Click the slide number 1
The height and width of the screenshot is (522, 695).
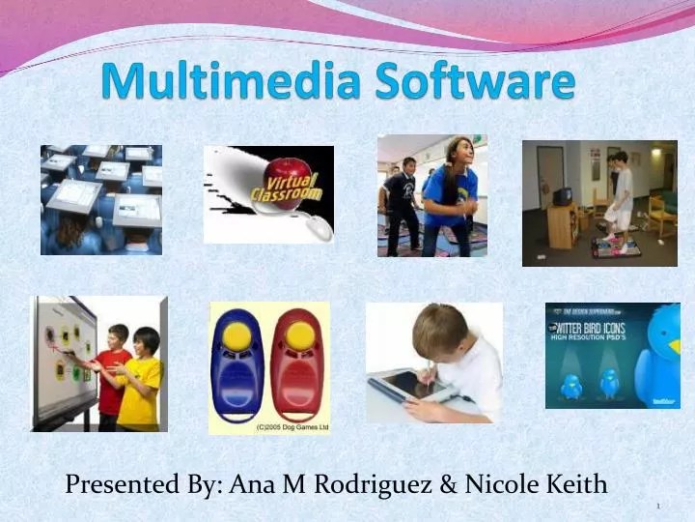[x=657, y=507]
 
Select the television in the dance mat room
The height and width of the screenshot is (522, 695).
[x=561, y=196]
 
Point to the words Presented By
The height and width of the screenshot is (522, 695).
[x=143, y=485]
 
